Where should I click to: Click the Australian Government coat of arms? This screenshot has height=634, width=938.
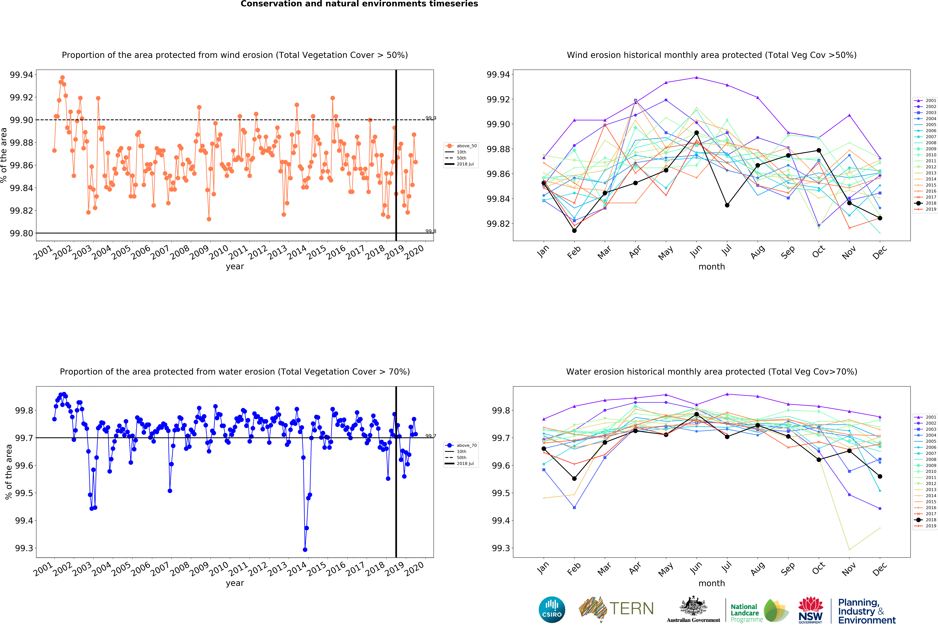click(693, 606)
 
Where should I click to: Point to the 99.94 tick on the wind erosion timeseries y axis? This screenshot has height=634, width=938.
click(21, 75)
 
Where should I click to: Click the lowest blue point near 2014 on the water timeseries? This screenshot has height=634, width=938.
click(305, 550)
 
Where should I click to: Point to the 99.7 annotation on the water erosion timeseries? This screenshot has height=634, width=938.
click(431, 436)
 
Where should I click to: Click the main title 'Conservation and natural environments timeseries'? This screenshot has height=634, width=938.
click(359, 4)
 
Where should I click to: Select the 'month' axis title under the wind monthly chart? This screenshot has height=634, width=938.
click(712, 267)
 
